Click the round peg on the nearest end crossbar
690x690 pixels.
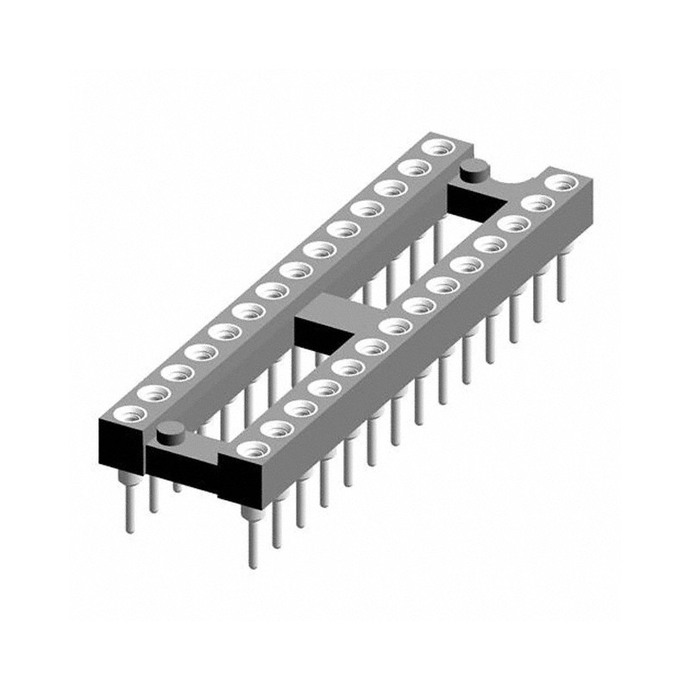coord(171,429)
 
